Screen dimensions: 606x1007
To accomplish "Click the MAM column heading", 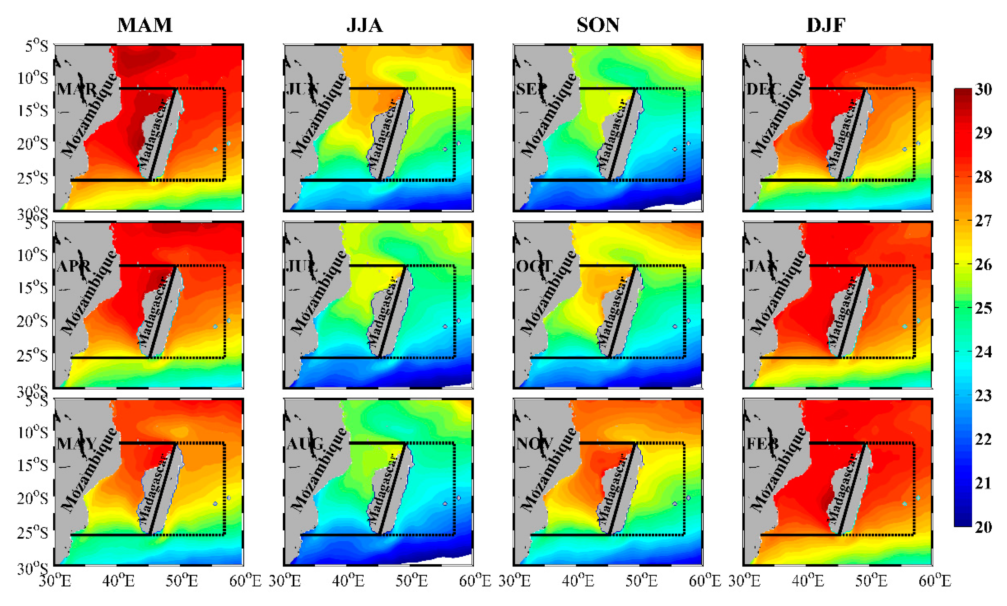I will pyautogui.click(x=145, y=25).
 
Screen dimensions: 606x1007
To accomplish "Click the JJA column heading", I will pyautogui.click(x=364, y=25).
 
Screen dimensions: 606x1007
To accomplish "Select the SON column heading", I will pyautogui.click(x=598, y=25).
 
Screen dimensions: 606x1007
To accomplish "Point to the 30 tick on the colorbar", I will pyautogui.click(x=983, y=89).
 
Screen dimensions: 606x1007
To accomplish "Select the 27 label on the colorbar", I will pyautogui.click(x=983, y=221).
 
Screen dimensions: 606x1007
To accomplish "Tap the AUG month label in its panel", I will pyautogui.click(x=305, y=443).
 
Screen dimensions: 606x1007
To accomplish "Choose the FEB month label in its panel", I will pyautogui.click(x=762, y=443).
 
